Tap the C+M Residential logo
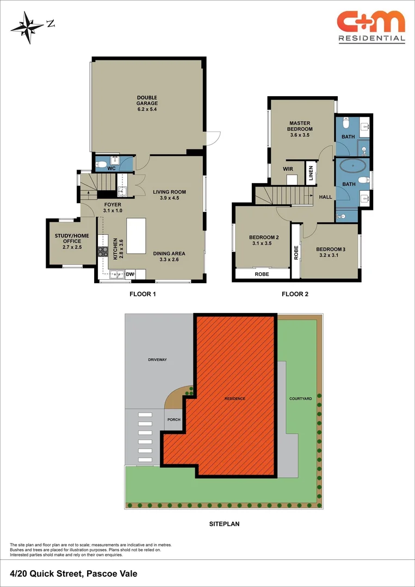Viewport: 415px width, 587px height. coord(371,26)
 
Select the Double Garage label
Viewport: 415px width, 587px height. coord(147,103)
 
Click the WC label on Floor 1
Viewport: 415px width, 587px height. coord(111,169)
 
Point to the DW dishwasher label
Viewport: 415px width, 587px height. coord(130,275)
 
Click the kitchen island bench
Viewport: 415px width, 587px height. coord(137,235)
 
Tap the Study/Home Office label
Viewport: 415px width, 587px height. coord(68,238)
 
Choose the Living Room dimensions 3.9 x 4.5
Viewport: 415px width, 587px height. coord(169,198)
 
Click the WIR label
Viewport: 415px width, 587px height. coord(288,169)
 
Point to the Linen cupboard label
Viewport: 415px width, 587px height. coord(311,174)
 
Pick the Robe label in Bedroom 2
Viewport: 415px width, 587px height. coord(262,274)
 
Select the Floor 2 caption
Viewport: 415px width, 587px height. coord(295,294)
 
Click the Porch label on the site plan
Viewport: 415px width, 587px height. coord(174,419)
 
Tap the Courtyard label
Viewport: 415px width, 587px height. coord(300,398)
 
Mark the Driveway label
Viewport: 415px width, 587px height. coord(157,360)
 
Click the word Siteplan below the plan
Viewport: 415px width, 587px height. coord(224,524)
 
